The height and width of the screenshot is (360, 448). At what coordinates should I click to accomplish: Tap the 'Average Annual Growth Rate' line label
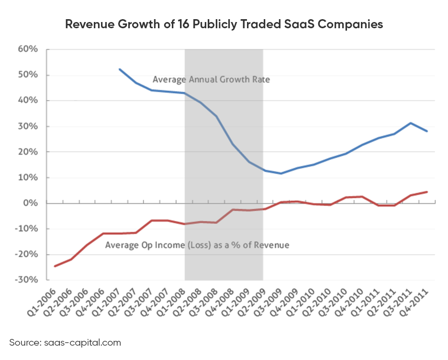point(211,79)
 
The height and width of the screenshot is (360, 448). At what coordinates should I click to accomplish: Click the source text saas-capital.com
point(65,342)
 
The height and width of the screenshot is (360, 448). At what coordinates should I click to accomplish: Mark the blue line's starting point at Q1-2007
point(119,69)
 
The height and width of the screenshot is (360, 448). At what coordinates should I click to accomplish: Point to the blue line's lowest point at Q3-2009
point(281,173)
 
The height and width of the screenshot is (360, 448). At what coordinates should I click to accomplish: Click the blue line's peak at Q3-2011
point(411,123)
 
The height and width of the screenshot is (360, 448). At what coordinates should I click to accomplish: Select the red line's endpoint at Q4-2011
point(427,192)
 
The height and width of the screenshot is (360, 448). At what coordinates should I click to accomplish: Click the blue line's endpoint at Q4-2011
point(427,131)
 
